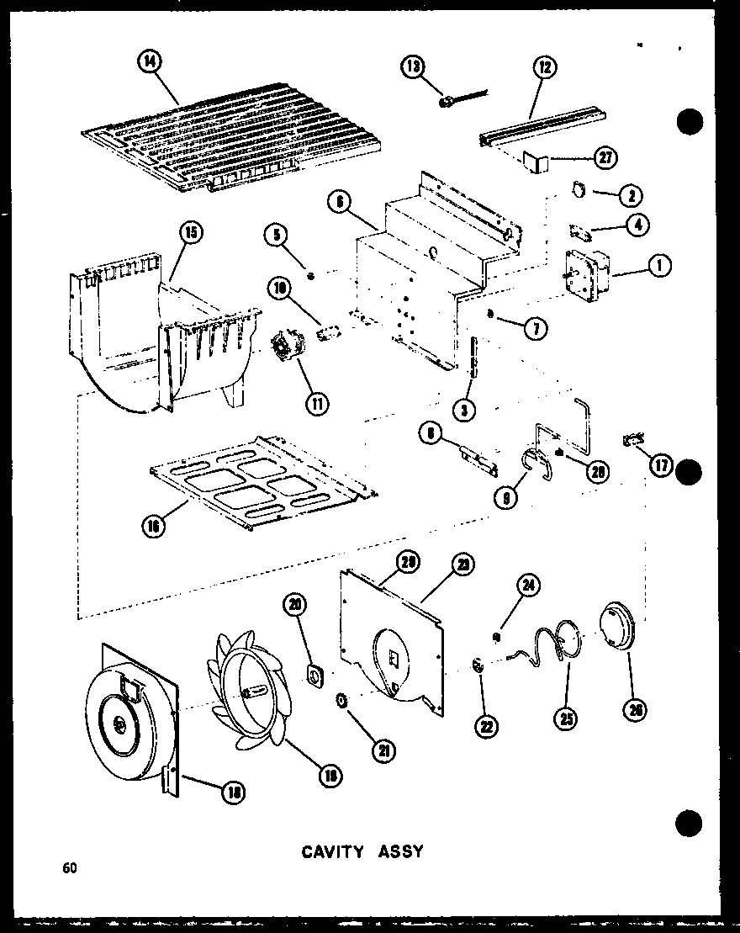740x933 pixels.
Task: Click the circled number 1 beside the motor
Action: point(658,266)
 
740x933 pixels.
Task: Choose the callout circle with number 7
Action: point(531,330)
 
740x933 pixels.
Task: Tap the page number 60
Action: point(68,868)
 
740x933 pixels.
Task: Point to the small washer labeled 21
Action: point(342,700)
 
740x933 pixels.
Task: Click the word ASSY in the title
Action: point(401,851)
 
